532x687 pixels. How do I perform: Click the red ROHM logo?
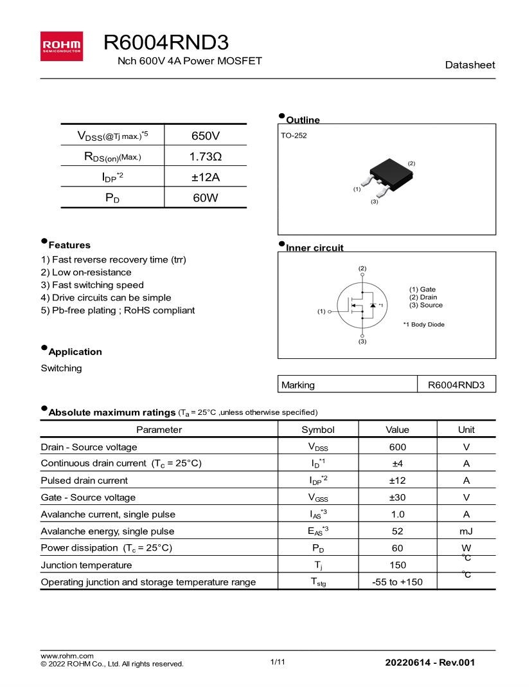point(61,46)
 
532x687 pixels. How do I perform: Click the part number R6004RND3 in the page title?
point(166,42)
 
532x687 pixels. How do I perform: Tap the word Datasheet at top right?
point(470,65)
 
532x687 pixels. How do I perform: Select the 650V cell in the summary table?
point(206,136)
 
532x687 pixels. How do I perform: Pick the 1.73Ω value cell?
point(206,156)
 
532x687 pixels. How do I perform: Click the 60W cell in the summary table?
point(206,198)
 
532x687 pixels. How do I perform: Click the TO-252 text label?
point(294,136)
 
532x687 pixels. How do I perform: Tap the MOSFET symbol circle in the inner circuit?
point(362,306)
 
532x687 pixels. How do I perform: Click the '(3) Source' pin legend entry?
point(426,306)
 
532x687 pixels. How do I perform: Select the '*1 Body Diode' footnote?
point(423,324)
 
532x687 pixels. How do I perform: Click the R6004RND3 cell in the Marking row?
point(456,385)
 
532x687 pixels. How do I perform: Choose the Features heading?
point(69,245)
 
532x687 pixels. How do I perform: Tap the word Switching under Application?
point(62,368)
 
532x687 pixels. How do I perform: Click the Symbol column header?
point(318,429)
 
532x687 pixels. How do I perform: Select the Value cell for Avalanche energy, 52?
point(397,531)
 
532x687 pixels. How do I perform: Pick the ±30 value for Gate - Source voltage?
point(397,497)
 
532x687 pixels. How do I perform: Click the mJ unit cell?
point(466,531)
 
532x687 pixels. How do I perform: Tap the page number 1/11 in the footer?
point(278,662)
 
